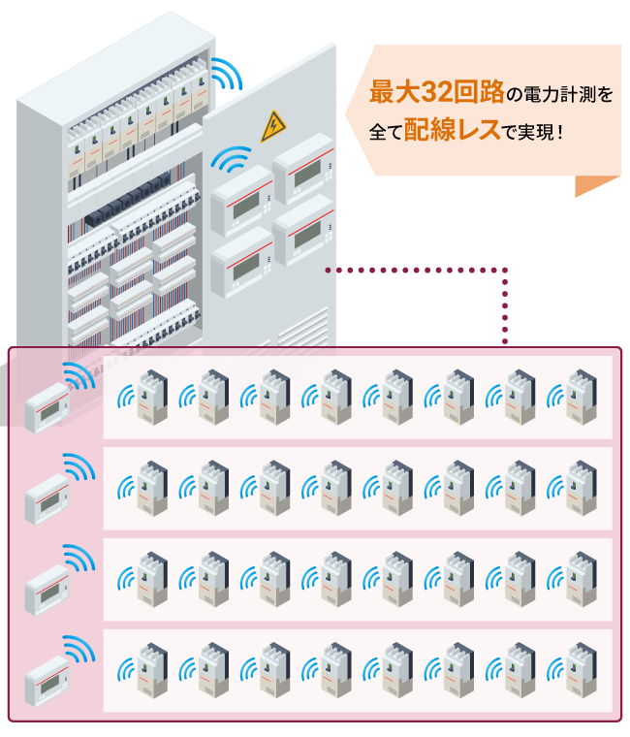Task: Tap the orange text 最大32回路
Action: pos(437,93)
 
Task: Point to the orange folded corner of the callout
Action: pos(594,184)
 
